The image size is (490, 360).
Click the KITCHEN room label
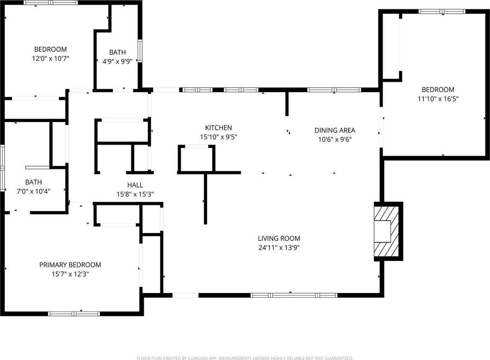pos(219,128)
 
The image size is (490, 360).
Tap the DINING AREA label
pos(335,130)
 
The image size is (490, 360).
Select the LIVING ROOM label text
pos(279,238)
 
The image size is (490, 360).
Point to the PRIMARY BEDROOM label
pos(70,265)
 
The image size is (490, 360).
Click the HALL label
pos(135,185)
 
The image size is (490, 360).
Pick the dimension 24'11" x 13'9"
pos(279,248)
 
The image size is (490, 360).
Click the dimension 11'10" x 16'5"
pos(438,99)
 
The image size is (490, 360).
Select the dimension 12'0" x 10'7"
pos(51,59)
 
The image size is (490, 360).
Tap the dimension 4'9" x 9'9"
pos(117,62)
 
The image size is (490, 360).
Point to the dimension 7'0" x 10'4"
pos(34,191)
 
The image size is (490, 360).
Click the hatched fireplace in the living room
pos(387,231)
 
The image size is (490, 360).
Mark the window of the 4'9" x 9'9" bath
pos(140,50)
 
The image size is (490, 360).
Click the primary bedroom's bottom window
pos(74,314)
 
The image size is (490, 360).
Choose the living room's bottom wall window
pos(294,295)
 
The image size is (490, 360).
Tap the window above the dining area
pos(334,90)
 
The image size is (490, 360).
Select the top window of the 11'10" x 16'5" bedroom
pos(442,11)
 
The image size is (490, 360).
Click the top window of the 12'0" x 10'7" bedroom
pos(51,3)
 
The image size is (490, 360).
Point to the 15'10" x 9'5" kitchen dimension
pos(219,137)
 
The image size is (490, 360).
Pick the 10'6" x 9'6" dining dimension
pos(335,140)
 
